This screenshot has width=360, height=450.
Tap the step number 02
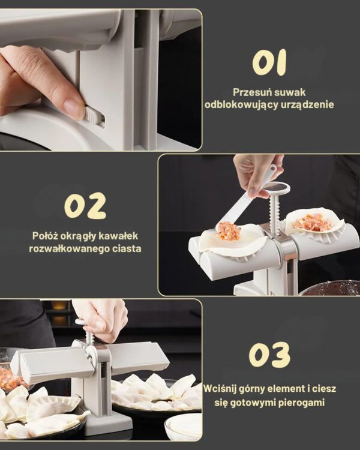tap(85, 206)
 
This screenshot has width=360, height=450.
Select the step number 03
tap(269, 355)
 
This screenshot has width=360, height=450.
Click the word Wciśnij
tap(224, 389)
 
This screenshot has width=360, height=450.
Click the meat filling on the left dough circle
tap(229, 230)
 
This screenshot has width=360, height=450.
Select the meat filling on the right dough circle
tap(313, 222)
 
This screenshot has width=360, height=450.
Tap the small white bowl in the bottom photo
tap(184, 426)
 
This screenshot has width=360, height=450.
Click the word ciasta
tap(128, 248)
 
